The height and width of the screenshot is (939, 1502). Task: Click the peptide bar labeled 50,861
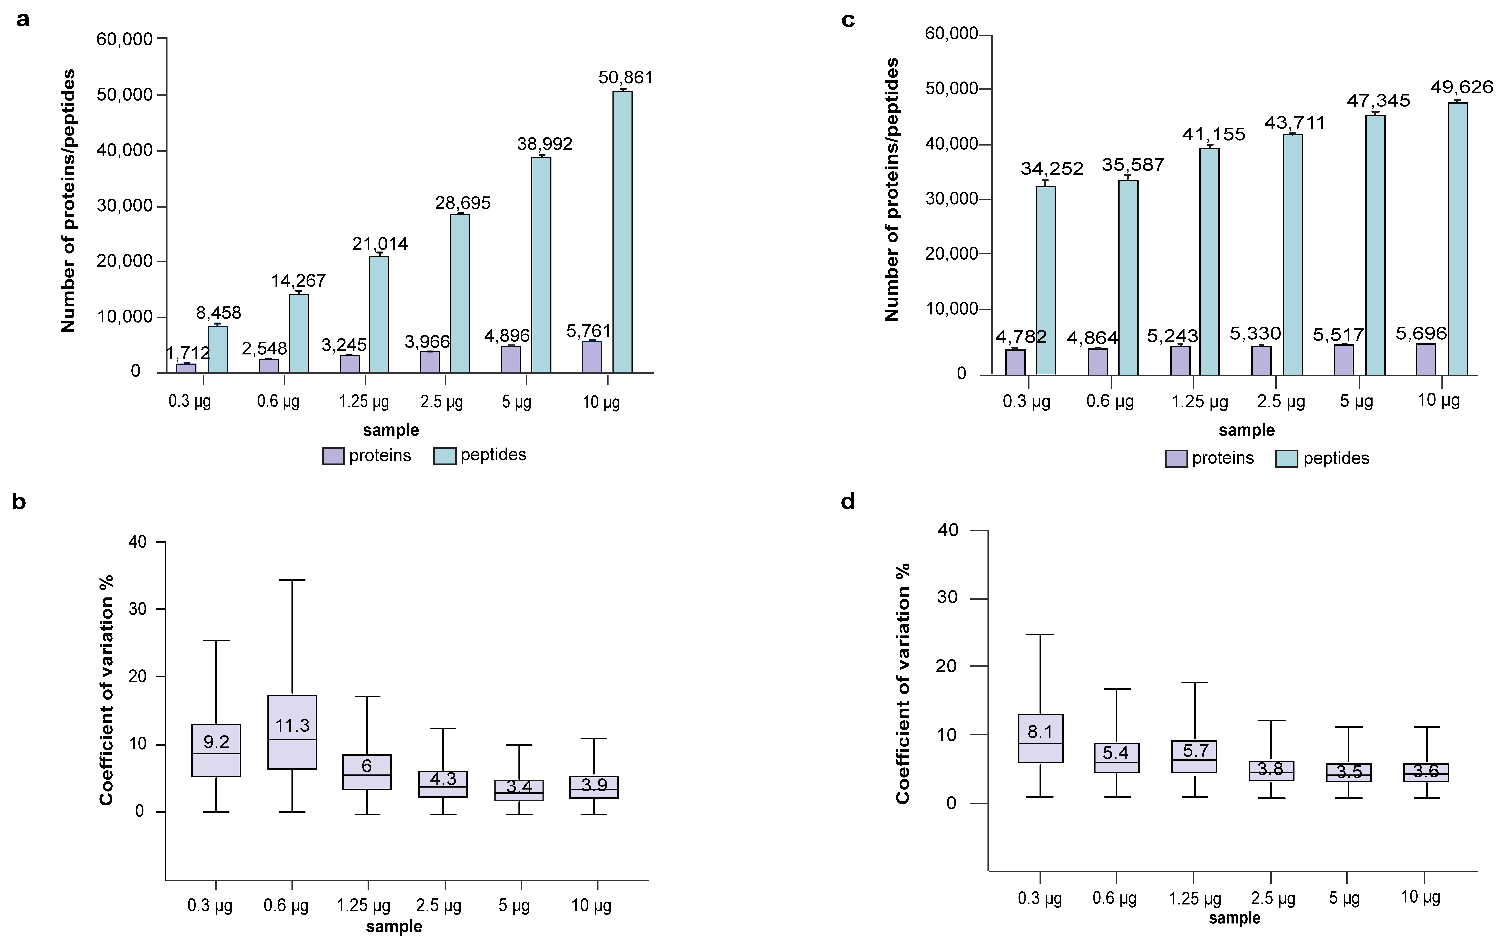click(x=622, y=232)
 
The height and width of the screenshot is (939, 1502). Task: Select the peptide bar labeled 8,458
click(x=217, y=349)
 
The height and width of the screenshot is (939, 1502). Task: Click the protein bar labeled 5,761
click(x=592, y=356)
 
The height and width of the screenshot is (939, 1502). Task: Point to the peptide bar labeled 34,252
click(x=1045, y=280)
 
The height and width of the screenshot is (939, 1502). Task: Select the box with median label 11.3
click(x=292, y=732)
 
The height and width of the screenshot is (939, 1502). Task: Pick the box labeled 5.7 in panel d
click(x=1194, y=756)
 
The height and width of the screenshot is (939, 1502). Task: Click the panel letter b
click(x=19, y=502)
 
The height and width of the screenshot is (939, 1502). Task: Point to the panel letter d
click(x=848, y=502)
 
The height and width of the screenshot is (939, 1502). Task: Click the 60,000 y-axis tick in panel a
click(x=125, y=39)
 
